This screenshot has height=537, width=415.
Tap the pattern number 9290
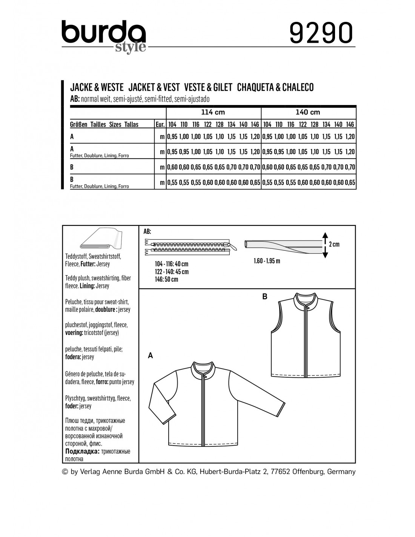(322, 33)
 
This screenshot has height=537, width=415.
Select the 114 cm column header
(213, 113)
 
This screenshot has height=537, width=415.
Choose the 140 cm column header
(308, 113)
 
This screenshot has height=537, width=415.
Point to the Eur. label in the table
(160, 125)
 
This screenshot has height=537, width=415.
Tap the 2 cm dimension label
(334, 244)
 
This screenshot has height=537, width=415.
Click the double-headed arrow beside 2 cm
(324, 245)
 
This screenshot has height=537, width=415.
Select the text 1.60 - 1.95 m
(267, 261)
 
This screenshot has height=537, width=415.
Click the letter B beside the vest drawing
(264, 297)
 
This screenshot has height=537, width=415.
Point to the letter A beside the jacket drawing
(151, 355)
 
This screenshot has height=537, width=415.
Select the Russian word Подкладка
(82, 451)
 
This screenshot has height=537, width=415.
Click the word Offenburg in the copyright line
(303, 472)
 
